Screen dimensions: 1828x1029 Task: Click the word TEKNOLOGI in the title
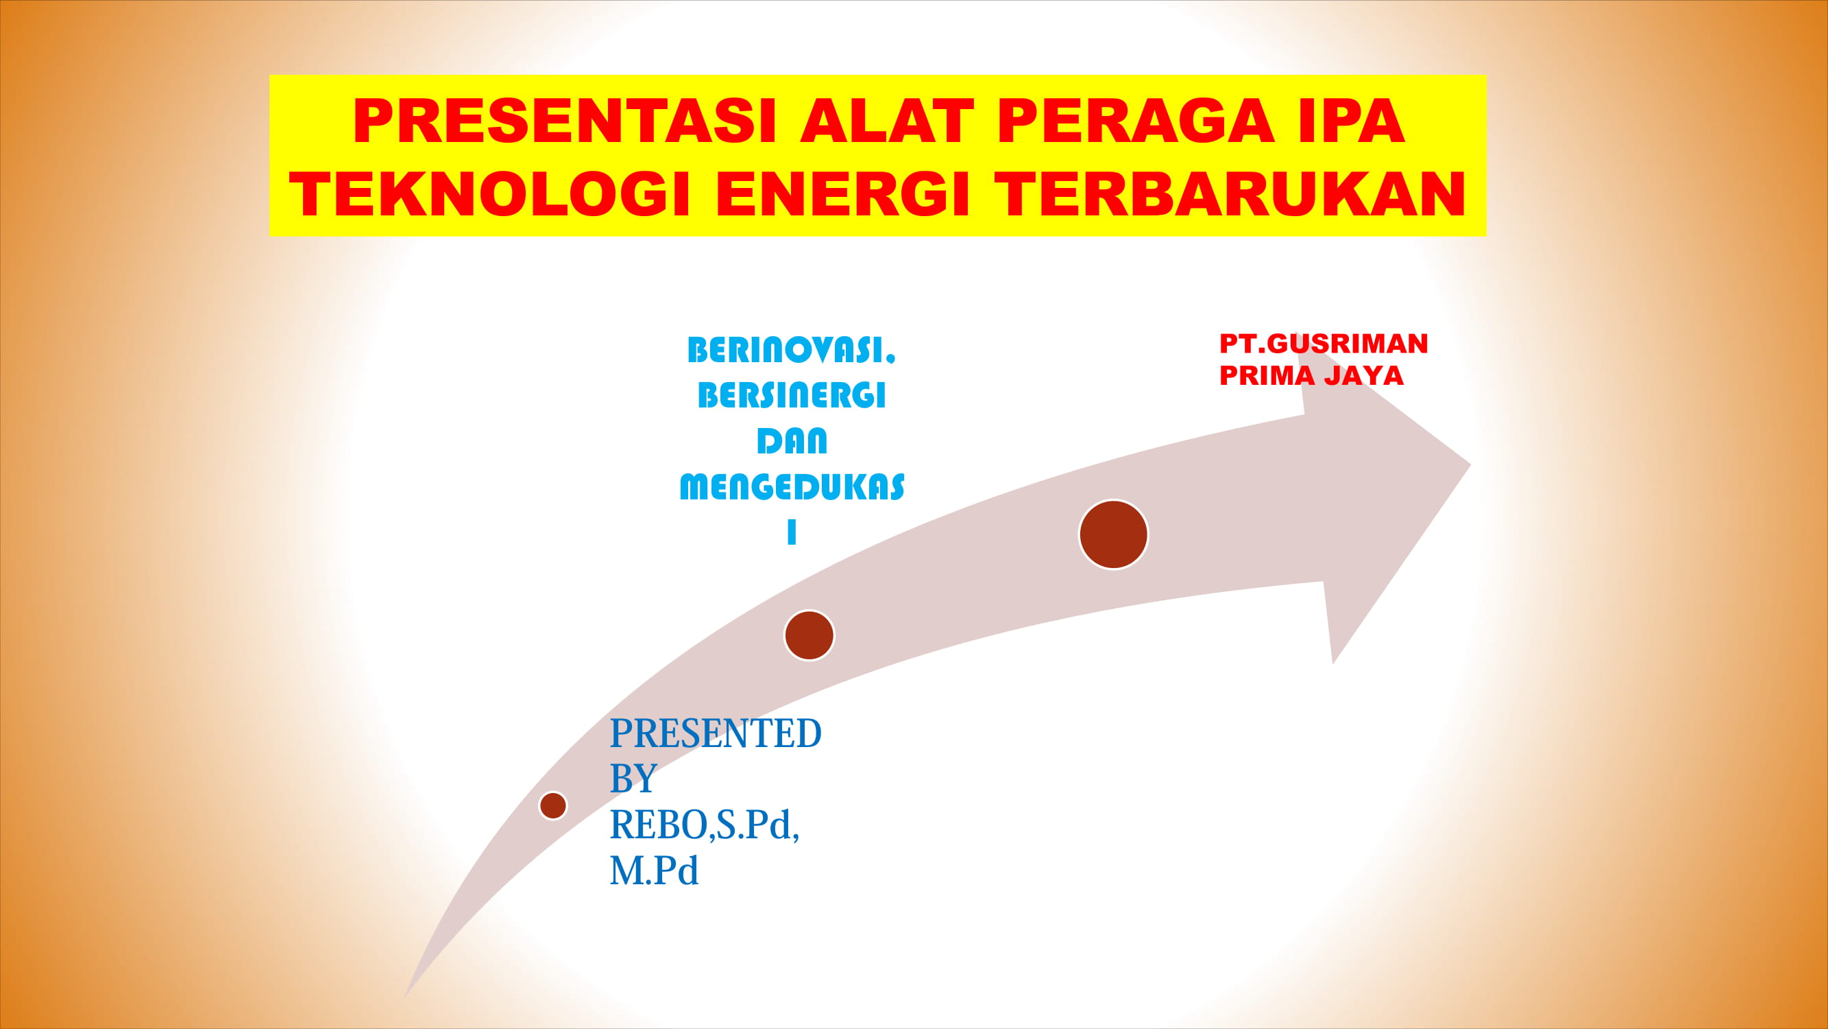coord(490,194)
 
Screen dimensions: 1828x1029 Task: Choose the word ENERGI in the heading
coord(843,194)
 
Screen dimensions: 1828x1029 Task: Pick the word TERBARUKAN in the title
coord(1230,194)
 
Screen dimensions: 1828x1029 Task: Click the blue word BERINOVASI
coord(791,350)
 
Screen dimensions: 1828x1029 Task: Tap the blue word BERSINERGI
coord(792,396)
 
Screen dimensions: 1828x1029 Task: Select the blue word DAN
coord(792,441)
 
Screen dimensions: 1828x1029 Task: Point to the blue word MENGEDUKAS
coord(792,487)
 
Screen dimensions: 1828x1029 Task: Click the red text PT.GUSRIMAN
coord(1324,344)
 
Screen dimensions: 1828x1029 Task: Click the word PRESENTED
coord(716,733)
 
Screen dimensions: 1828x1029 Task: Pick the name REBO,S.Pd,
coord(705,825)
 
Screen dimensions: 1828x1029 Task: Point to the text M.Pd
coord(655,871)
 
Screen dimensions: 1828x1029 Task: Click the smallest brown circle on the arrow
coord(553,805)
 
